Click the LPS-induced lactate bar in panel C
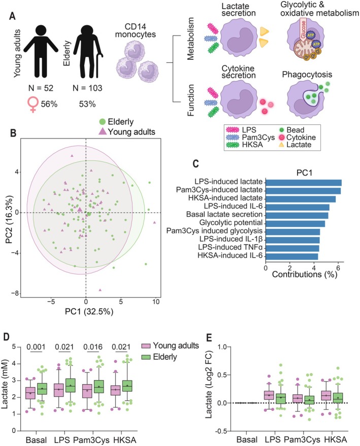point(303,183)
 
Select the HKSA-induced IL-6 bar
point(291,257)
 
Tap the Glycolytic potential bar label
point(231,222)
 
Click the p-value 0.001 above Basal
point(36,347)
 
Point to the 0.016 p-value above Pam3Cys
point(93,347)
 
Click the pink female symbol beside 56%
point(32,105)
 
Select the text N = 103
point(87,88)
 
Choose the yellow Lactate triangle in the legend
point(281,145)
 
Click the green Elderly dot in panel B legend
point(102,122)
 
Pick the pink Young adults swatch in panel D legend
point(146,346)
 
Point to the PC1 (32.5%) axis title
point(89,312)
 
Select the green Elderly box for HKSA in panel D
point(127,386)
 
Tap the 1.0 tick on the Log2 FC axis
point(223,347)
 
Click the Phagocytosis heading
point(307,75)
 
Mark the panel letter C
point(196,164)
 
